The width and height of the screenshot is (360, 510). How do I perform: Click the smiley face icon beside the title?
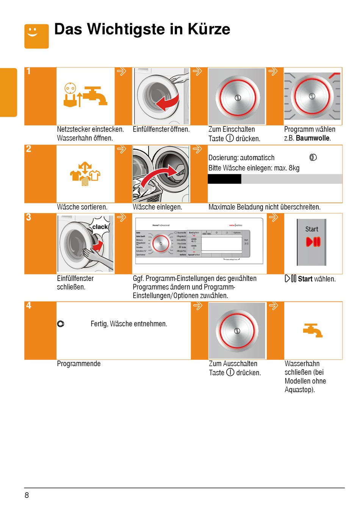coord(36,36)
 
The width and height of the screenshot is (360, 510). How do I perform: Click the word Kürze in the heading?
coord(209,29)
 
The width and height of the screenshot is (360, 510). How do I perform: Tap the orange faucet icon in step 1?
coord(95,96)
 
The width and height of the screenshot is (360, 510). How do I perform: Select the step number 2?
coord(29,149)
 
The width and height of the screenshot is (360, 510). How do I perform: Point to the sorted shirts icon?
coord(85,174)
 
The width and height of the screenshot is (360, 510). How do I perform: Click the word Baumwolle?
coord(313,138)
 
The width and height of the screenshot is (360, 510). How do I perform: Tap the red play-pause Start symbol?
coord(313,242)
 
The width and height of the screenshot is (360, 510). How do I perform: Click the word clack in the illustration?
coord(100,227)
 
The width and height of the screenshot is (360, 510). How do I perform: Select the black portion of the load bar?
coord(224,179)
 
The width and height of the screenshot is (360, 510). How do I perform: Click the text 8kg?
coord(294,168)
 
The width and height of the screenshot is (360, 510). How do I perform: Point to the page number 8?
coord(27,495)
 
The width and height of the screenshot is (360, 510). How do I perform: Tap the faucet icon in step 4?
coord(313,331)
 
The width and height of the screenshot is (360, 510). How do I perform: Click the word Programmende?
coord(79,364)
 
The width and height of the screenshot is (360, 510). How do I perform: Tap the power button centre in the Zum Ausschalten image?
coord(237,331)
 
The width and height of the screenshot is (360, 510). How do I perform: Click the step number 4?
coord(29,306)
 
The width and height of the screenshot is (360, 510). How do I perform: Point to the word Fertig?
coord(99,324)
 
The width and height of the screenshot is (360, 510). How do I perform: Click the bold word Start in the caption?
coord(305,279)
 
